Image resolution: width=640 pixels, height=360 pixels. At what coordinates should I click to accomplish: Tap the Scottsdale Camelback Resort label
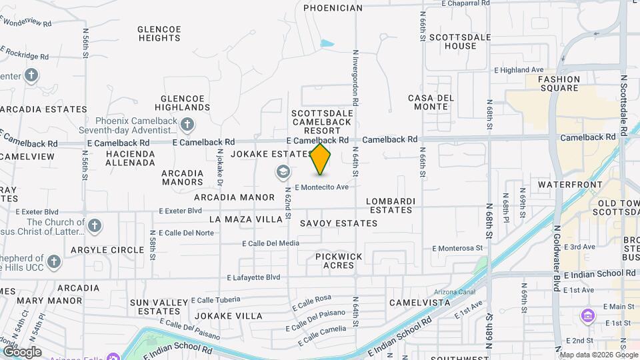322,122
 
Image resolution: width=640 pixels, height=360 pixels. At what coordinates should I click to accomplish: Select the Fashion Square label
559,83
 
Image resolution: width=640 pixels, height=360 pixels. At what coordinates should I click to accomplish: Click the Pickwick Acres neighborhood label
339,261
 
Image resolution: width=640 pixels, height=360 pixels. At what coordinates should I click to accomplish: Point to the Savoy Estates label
339,223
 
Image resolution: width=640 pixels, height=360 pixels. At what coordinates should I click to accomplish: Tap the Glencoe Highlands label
182,102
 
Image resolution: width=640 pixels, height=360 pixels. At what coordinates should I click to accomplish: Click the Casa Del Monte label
431,102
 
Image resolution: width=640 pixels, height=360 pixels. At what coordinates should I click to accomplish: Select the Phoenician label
333,8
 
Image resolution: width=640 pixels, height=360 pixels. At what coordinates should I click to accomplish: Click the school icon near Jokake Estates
283,173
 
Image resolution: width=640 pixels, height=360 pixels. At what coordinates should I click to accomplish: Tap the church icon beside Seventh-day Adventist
188,124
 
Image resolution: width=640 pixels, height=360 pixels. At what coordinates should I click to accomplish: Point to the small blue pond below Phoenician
327,44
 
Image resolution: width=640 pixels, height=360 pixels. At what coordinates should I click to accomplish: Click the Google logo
22,351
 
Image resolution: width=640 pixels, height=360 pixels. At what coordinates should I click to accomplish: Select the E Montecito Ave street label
322,187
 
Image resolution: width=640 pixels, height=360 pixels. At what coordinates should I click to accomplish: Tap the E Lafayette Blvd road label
254,277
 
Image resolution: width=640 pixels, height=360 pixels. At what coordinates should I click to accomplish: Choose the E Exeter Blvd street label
180,211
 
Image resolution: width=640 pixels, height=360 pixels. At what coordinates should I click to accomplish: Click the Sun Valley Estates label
159,307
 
